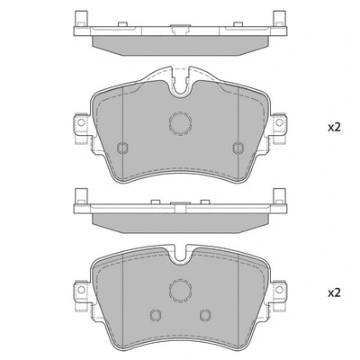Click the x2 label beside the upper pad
[333, 128]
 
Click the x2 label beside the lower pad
[333, 292]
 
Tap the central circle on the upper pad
[179, 125]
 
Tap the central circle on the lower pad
[179, 290]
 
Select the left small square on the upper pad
[122, 148]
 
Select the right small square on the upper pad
[237, 148]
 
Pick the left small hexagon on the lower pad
[154, 314]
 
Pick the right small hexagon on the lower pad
[205, 314]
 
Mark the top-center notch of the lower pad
[180, 256]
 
